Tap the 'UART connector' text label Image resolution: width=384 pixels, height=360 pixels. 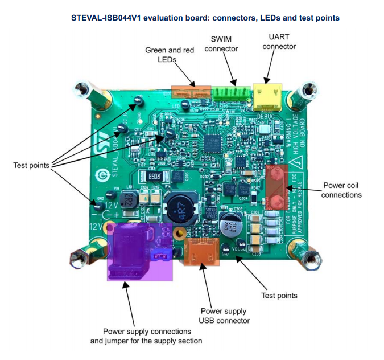click(279, 42)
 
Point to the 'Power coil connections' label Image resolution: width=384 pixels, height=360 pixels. click(341, 190)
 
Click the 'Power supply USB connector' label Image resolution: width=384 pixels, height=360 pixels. click(224, 316)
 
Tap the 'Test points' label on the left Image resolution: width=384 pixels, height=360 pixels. click(31, 165)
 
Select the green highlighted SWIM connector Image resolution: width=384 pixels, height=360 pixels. click(232, 93)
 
